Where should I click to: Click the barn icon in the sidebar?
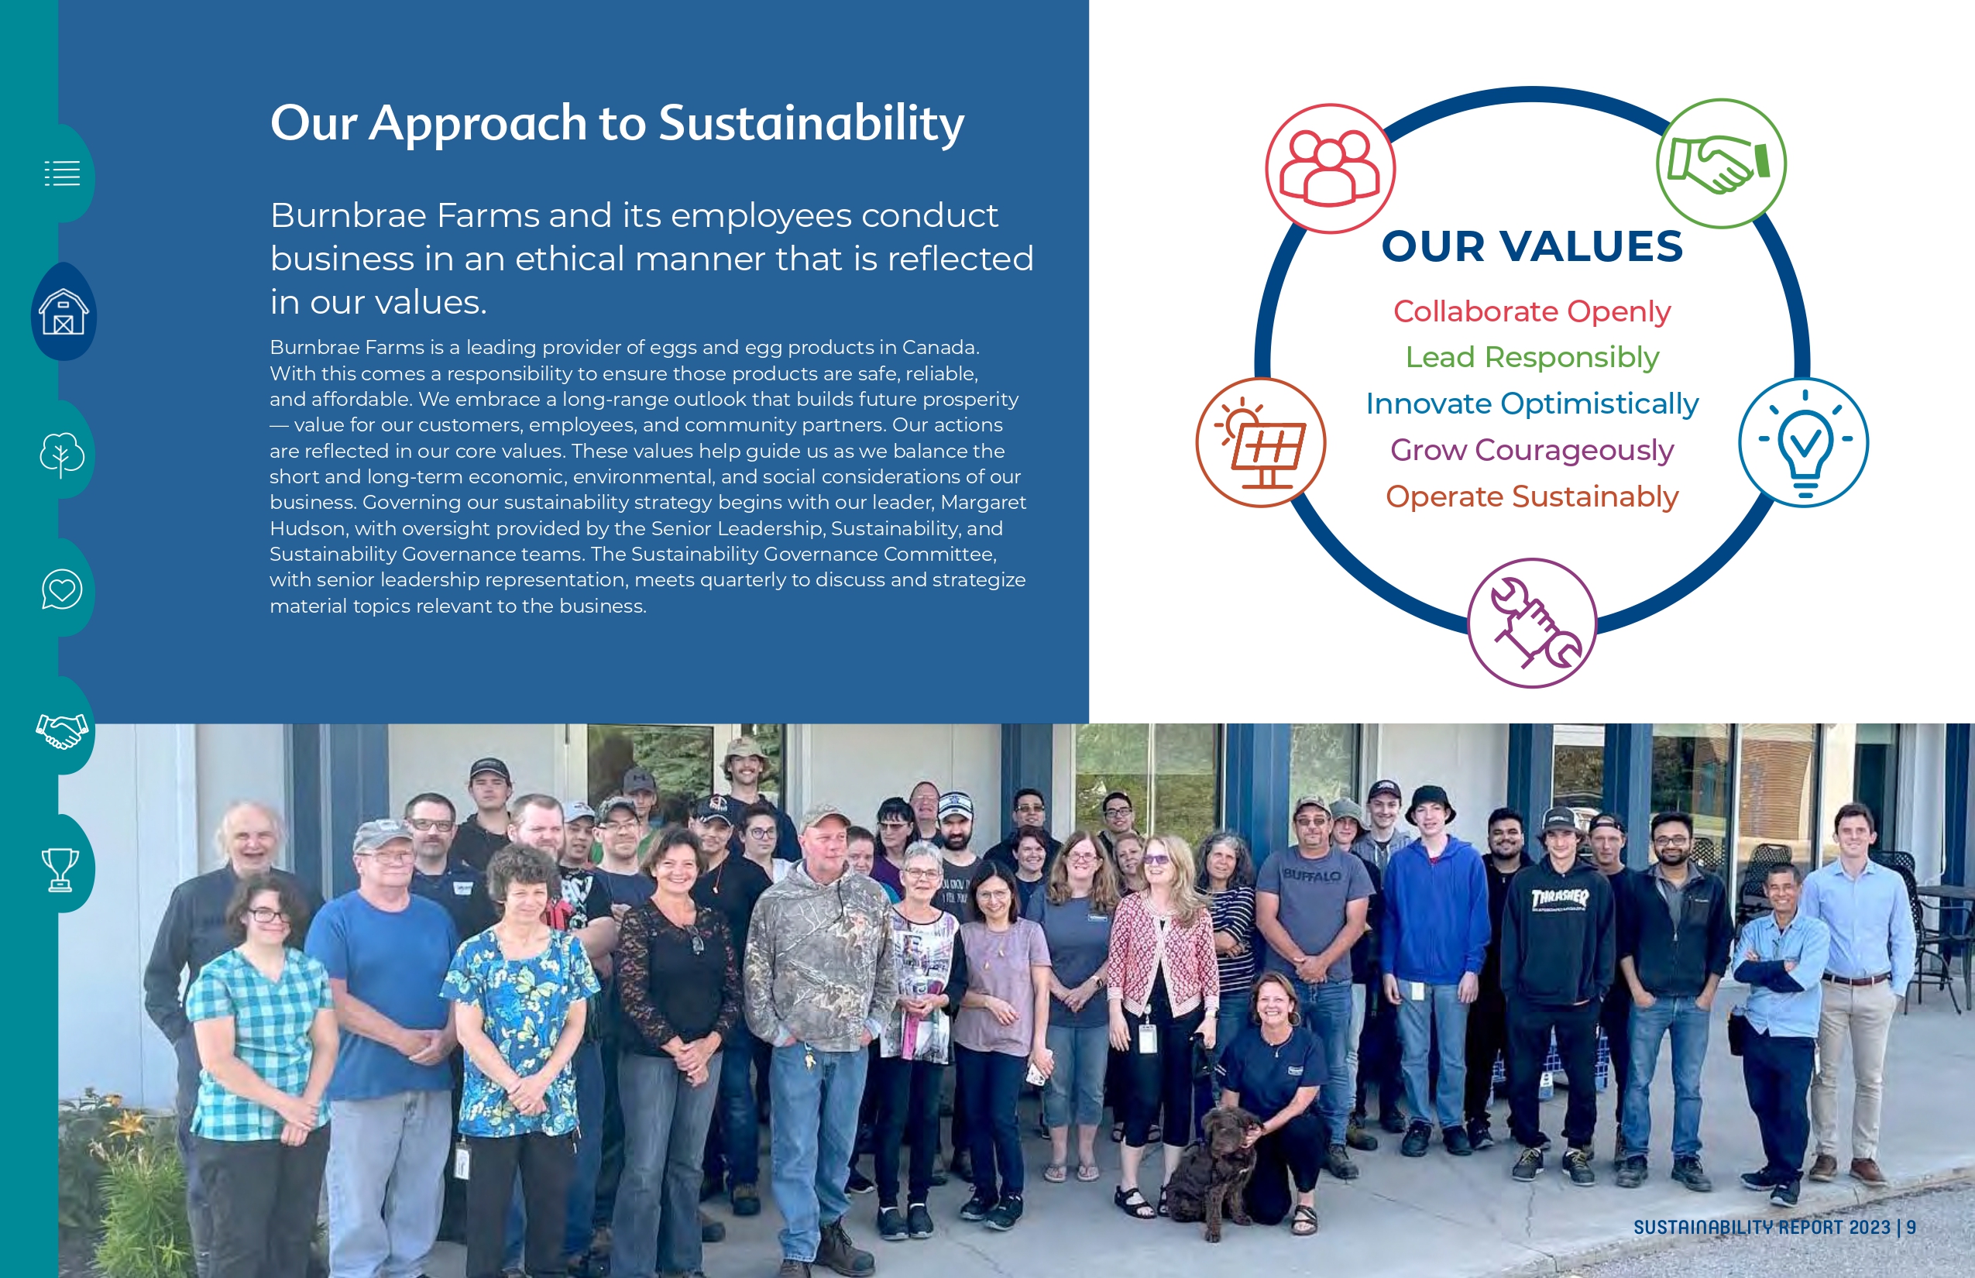coord(64,311)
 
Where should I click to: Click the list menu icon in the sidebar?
coord(62,173)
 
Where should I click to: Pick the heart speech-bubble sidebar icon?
coord(62,589)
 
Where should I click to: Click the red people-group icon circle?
coord(1331,169)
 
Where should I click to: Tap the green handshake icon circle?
coord(1721,163)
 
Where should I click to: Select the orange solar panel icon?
coord(1261,442)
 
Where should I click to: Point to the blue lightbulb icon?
coord(1803,442)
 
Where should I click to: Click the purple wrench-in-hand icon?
coord(1532,623)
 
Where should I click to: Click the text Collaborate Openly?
coord(1532,312)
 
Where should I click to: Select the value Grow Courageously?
coord(1532,451)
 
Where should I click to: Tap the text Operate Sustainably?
coord(1532,497)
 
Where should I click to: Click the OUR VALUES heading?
coord(1532,246)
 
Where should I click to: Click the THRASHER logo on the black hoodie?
coord(1559,898)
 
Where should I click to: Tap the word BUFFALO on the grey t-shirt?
coord(1312,875)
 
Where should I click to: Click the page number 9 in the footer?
coord(1911,1228)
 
